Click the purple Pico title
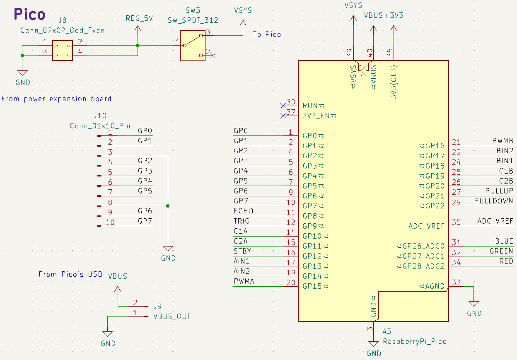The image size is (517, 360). coord(29,14)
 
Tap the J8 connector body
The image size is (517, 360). coord(62,50)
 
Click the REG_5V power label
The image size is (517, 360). coord(140,18)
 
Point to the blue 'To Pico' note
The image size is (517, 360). coord(267,34)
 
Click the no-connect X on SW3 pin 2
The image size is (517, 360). coord(213,55)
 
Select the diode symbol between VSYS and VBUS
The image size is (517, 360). coord(363,70)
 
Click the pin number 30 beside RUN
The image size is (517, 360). coord(291,103)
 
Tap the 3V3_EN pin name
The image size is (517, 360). coord(316,116)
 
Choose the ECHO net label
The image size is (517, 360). coord(243,211)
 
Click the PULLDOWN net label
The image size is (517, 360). coord(493,201)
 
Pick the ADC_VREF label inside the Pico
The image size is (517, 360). coord(426,226)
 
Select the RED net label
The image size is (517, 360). coord(506,261)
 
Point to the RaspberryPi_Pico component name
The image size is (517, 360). coord(415,341)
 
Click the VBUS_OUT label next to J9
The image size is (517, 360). coord(172,316)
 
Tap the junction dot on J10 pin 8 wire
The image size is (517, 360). coord(167,206)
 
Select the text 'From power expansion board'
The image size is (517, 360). coord(56,99)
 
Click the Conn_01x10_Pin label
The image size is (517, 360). coord(100,126)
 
